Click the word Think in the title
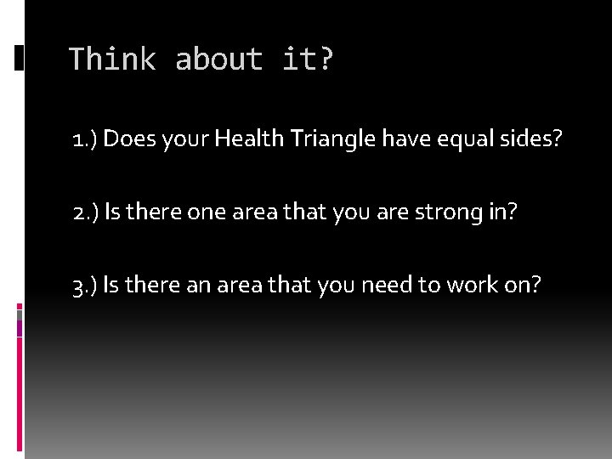coord(111,59)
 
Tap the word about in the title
coord(218,59)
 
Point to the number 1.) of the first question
coord(85,139)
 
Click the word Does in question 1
coord(127,139)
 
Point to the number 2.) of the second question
coord(86,212)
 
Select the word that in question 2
coord(280,212)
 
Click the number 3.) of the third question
coord(86,286)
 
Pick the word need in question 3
coord(386,286)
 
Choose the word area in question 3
coord(240,286)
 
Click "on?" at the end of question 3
coord(521,286)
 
